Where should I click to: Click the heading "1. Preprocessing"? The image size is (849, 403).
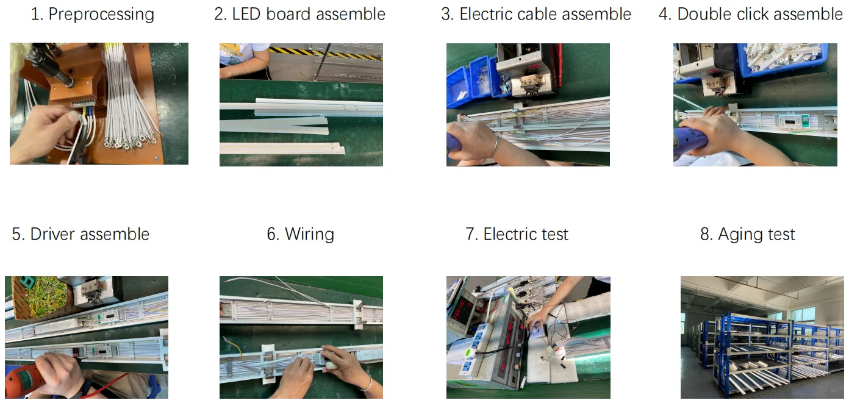pos(93,15)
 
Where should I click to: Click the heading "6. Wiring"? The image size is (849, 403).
pos(300,235)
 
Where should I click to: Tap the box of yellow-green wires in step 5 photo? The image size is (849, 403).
pos(41,297)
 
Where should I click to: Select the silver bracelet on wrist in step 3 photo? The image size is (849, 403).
pos(495,146)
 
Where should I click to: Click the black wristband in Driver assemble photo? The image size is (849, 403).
pos(85,388)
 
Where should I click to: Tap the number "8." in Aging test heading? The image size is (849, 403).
pos(707,234)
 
